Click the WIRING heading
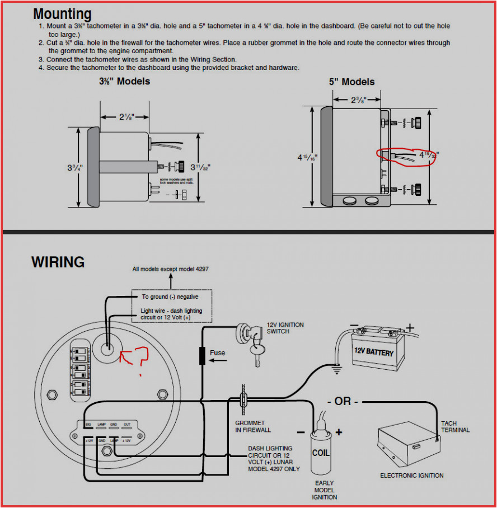click(x=58, y=262)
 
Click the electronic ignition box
click(x=407, y=448)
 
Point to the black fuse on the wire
click(x=202, y=356)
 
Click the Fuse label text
click(x=217, y=353)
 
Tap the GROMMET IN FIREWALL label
click(x=252, y=426)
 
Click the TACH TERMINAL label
click(x=456, y=427)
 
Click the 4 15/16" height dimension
click(x=307, y=157)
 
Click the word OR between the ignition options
click(x=342, y=402)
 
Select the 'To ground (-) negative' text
click(x=170, y=297)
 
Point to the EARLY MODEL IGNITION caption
click(x=324, y=490)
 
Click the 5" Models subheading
click(x=351, y=82)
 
